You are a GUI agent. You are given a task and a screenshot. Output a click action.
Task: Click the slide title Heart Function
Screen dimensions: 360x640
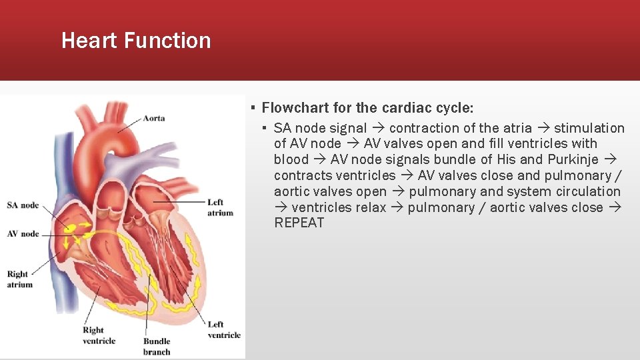tap(136, 41)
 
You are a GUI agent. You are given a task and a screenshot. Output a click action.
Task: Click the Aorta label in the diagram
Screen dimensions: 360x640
tap(153, 118)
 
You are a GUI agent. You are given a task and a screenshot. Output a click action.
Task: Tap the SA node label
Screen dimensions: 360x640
tap(23, 205)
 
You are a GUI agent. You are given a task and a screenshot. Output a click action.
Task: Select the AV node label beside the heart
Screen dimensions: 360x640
tap(23, 234)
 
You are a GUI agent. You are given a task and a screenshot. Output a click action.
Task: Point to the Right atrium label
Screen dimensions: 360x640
tap(19, 279)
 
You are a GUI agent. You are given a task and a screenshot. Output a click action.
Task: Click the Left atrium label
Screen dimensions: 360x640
tap(220, 207)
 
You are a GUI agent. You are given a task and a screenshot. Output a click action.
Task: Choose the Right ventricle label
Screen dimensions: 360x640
tap(99, 335)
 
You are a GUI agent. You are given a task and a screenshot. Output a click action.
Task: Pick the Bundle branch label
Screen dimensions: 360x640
tap(157, 347)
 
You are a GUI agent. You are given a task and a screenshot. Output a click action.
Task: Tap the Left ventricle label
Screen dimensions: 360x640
tap(224, 329)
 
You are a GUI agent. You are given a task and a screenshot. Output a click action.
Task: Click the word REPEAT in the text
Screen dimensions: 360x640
tap(299, 223)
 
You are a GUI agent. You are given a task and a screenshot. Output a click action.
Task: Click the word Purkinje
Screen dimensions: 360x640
tap(573, 159)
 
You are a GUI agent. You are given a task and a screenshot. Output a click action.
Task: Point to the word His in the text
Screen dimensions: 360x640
tap(506, 159)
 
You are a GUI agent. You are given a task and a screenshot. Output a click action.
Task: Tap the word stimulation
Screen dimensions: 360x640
tap(589, 128)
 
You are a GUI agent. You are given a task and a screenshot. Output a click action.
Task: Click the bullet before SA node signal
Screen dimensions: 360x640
tap(265, 128)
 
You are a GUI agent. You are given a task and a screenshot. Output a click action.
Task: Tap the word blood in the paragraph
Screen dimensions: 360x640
tap(291, 159)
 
